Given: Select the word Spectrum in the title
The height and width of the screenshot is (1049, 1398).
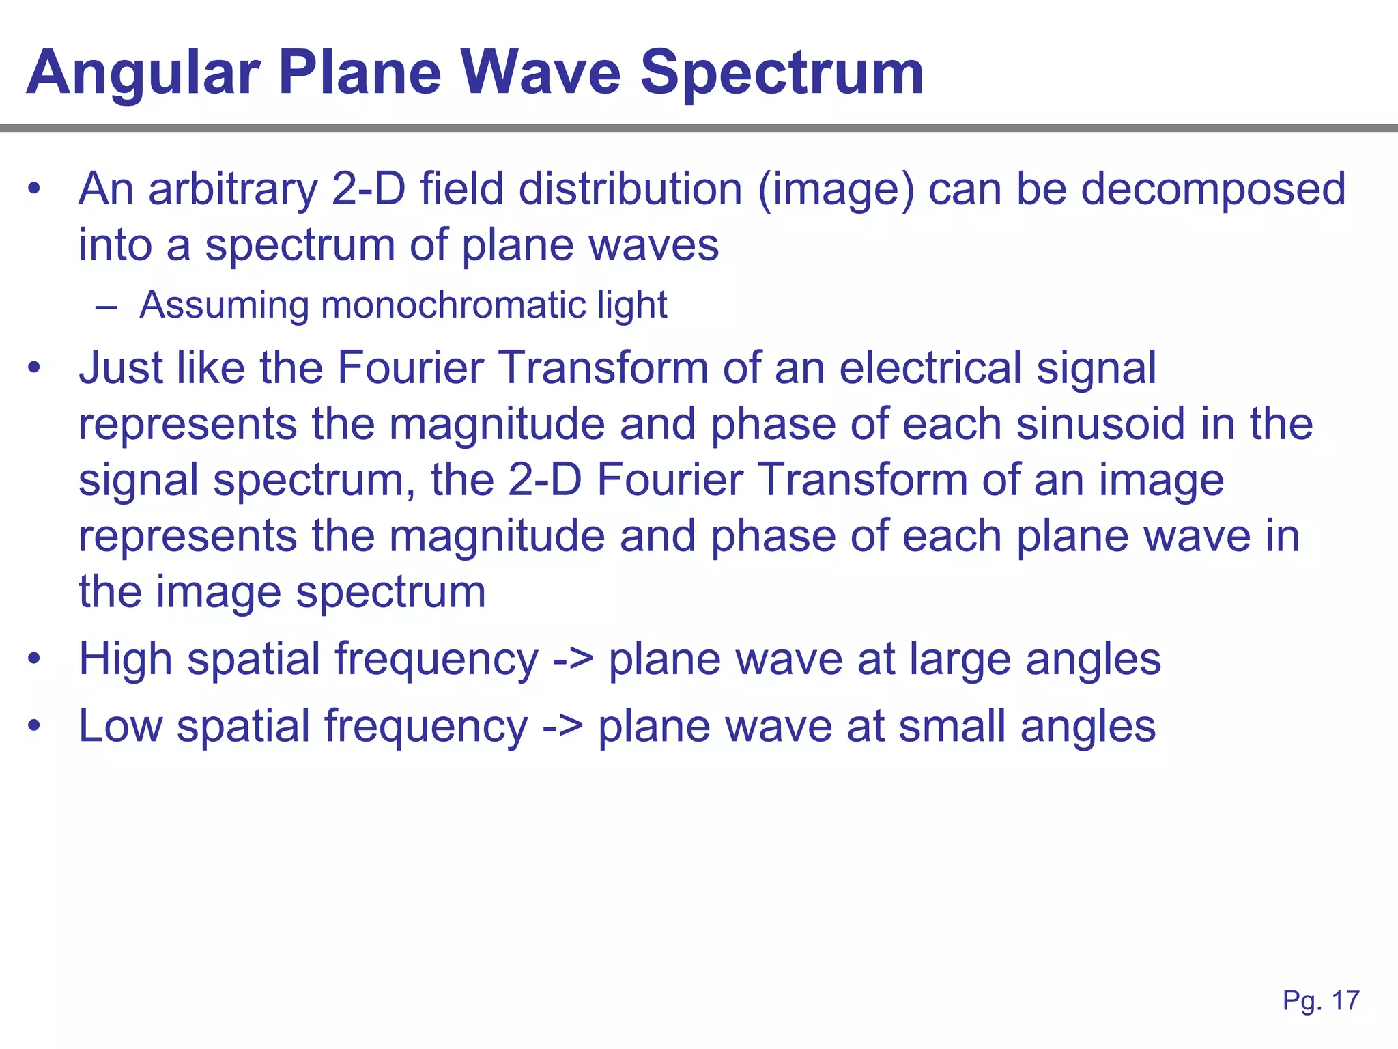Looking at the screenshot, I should (782, 74).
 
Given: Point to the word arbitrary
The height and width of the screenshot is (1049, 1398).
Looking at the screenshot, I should (232, 189).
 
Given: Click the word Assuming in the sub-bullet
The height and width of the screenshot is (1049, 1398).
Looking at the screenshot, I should (224, 305).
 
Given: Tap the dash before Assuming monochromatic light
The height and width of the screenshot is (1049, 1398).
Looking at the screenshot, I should (106, 307).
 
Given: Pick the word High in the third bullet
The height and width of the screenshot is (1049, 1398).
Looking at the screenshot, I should (125, 660).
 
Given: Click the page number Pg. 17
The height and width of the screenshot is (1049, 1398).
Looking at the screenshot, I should (1321, 1001).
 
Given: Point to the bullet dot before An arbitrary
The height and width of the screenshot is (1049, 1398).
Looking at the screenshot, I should (34, 190).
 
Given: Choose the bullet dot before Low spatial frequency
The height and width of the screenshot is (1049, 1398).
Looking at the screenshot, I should (34, 727).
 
